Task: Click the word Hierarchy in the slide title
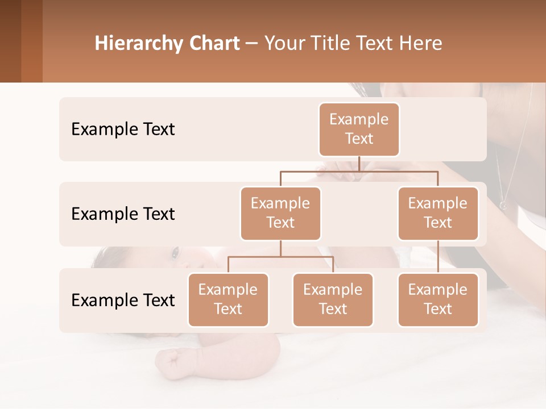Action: coord(138,44)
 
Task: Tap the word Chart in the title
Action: coord(214,44)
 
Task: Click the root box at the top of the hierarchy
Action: coord(359,129)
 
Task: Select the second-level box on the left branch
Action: coord(280,213)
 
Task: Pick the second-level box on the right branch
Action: coord(438,213)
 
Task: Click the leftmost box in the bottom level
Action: coord(228,299)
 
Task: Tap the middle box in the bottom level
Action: coord(333,299)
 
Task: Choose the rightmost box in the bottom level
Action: coord(438,299)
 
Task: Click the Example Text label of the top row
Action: coord(123,130)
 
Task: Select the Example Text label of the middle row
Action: coord(123,214)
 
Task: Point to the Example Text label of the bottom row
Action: coord(123,301)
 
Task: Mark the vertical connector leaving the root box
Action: coord(359,164)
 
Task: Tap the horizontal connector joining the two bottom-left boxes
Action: coord(280,257)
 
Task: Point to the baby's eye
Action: coord(176,251)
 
